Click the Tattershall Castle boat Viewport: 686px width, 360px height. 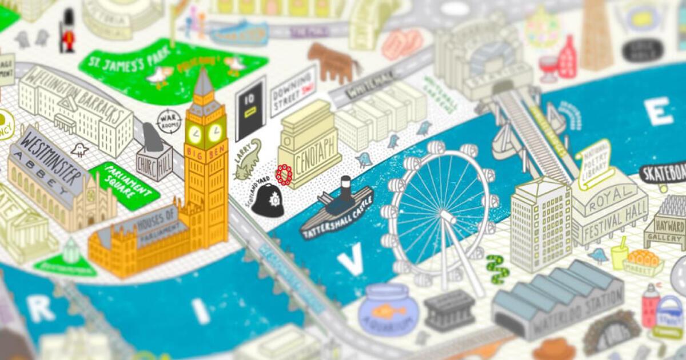pos(337,211)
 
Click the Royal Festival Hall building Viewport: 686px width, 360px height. pos(609,209)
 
